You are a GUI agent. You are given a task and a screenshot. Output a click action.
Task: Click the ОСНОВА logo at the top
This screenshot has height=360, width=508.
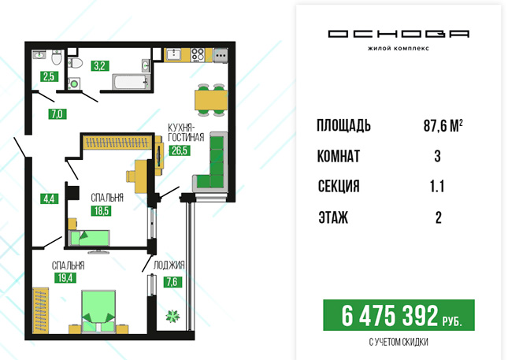click(399, 34)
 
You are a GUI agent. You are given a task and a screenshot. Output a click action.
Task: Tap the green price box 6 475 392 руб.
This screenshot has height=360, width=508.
click(399, 315)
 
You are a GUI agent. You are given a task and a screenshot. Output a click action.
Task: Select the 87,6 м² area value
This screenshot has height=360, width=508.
click(443, 126)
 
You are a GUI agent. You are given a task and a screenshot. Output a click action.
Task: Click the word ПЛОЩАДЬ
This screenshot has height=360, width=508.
click(343, 126)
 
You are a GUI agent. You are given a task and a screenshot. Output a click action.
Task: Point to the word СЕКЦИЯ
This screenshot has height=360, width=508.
click(339, 187)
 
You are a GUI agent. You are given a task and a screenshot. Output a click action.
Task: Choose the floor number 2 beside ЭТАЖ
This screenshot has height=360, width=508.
click(438, 217)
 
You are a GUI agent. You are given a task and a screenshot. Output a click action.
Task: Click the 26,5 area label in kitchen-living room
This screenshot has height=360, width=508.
click(180, 150)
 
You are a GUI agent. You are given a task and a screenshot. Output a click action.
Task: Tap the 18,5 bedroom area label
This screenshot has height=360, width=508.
click(101, 211)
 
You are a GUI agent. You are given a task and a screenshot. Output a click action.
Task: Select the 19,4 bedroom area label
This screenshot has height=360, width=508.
click(65, 277)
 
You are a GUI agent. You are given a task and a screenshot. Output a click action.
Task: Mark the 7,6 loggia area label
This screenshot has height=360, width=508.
click(172, 282)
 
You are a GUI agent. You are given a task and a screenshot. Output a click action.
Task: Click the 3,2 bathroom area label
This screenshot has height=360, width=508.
click(99, 66)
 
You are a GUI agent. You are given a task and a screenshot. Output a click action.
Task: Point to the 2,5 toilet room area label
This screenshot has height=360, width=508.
click(50, 76)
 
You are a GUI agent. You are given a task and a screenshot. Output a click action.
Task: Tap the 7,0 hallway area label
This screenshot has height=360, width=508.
click(57, 113)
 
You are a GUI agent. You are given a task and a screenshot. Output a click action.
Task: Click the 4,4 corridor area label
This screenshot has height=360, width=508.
click(50, 199)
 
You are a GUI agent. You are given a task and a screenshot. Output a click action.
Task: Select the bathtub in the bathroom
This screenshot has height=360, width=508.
click(132, 81)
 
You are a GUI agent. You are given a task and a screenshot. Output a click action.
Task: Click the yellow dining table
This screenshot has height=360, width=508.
click(211, 100)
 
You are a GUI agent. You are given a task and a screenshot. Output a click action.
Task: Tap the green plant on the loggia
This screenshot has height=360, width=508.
click(172, 316)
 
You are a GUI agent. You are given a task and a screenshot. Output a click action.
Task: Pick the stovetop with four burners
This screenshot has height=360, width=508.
click(198, 55)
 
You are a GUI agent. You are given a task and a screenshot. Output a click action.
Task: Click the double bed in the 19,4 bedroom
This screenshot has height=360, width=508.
click(98, 311)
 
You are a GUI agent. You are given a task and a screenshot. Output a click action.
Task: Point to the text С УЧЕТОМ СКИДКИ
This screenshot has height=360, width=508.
click(399, 342)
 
